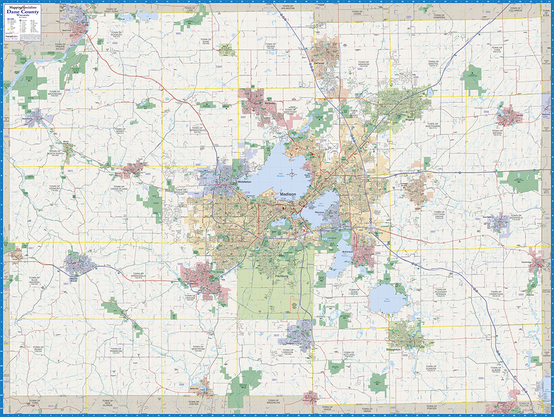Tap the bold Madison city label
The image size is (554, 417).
pyautogui.click(x=288, y=195)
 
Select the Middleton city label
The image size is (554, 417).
pyautogui.click(x=244, y=182)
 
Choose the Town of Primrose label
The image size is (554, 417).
pyautogui.click(x=115, y=350)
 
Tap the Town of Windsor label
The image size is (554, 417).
pyautogui.click(x=363, y=64)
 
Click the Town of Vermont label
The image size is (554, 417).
pyautogui.click(x=54, y=188)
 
